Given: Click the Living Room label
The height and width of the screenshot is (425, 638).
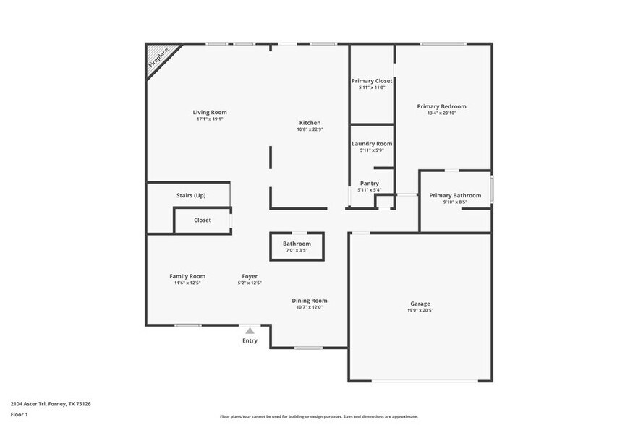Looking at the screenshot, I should point(210,112).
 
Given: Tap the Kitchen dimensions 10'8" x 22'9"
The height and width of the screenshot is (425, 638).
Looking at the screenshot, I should point(310,129).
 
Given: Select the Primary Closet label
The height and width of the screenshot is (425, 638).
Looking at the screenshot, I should point(372,81).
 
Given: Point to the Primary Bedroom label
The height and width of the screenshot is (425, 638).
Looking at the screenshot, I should point(441,106).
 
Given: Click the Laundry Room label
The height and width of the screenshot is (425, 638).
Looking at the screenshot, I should point(372,144).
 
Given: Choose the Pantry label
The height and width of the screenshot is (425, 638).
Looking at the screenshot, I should point(369,184).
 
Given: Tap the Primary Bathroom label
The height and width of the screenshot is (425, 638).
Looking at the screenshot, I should point(455,195).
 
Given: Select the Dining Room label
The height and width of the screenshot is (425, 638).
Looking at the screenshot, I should point(310,301).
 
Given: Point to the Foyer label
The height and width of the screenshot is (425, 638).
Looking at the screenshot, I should point(250,276).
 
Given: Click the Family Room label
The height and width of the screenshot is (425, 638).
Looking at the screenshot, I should point(187,276).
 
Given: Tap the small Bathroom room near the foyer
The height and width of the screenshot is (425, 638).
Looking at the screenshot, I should point(297,246).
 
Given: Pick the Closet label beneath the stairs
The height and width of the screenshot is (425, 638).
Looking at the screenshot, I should point(203,220).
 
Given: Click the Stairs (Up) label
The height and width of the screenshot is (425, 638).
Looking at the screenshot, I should point(191,195).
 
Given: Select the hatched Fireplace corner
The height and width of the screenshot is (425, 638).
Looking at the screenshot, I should point(158,57).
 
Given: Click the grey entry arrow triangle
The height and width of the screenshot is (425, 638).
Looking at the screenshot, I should point(250,330).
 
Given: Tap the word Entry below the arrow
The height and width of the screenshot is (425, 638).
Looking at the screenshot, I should point(250,340).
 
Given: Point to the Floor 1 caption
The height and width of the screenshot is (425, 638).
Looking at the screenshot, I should point(19,414).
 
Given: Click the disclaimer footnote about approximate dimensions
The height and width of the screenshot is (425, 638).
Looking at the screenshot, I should point(318,416).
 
